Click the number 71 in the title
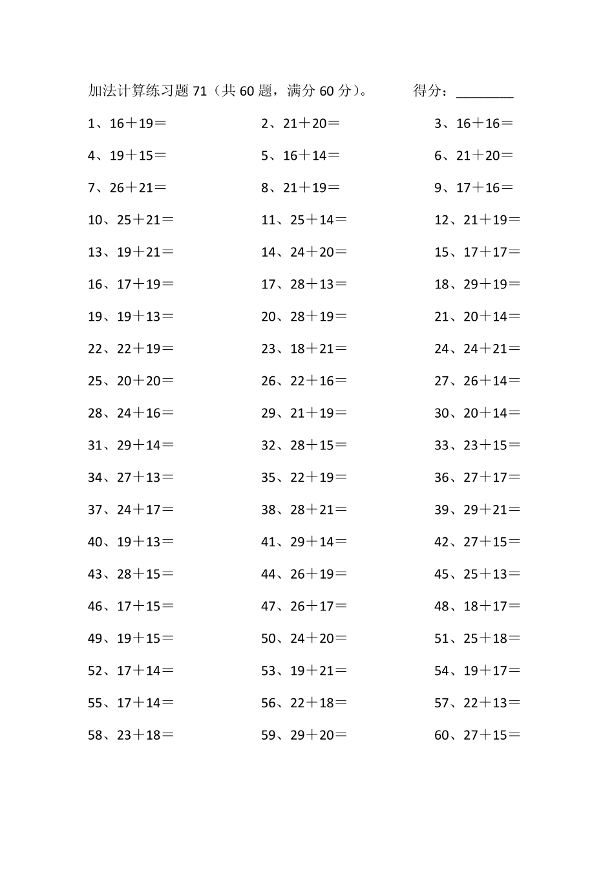(x=200, y=91)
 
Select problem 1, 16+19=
(x=127, y=123)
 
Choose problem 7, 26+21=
(x=127, y=188)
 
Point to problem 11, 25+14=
(x=304, y=220)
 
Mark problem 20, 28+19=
(x=304, y=317)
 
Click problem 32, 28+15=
(x=304, y=445)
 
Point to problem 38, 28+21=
(x=304, y=510)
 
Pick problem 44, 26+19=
(x=304, y=574)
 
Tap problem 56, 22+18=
(x=304, y=703)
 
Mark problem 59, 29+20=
(x=304, y=735)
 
